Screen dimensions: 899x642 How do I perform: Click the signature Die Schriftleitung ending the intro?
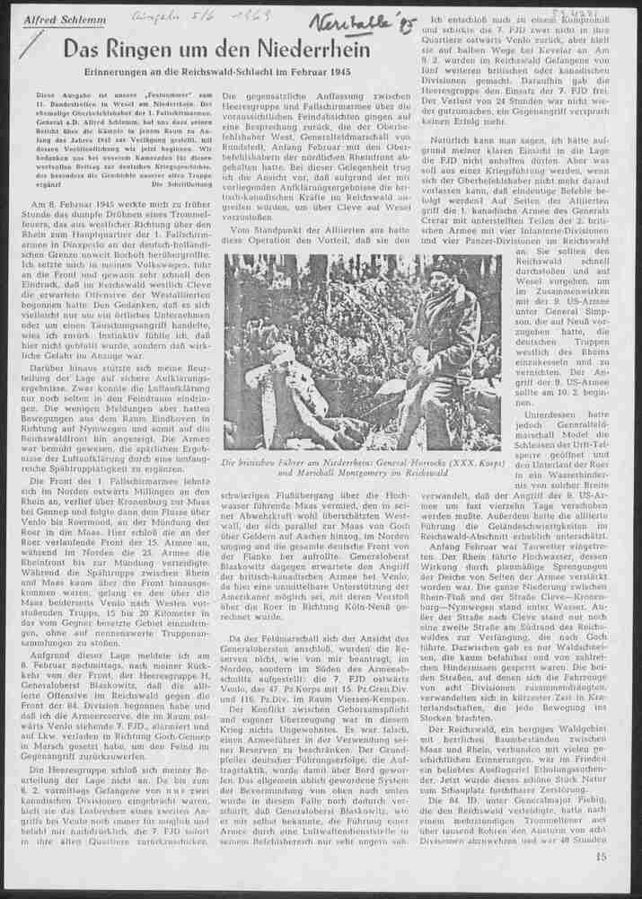[184, 182]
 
